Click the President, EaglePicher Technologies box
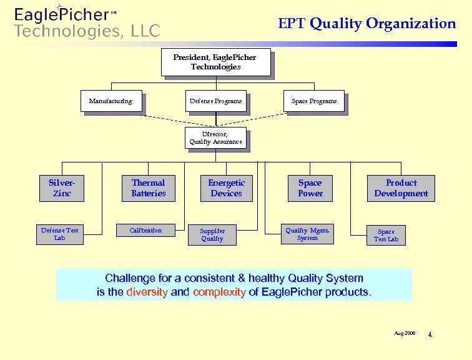pos(215,62)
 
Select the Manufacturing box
pos(111,101)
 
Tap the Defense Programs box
pos(215,101)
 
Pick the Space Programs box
pos(314,101)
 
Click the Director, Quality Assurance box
pos(215,138)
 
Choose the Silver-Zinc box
pos(61,188)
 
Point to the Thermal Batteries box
pos(148,188)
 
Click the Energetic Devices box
pos(226,188)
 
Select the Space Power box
pos(310,188)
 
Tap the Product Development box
pos(401,188)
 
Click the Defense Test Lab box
pos(60,234)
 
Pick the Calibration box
pos(145,231)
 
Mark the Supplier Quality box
pos(212,234)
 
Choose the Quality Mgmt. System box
pos(307,234)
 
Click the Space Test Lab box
pos(386,235)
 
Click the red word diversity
pos(147,292)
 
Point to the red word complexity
pos(219,292)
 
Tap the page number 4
pos(430,335)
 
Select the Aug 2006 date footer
pos(405,334)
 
